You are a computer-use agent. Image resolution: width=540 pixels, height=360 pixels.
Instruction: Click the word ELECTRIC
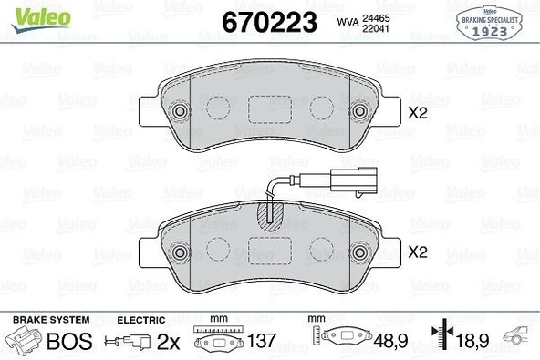[x=141, y=320]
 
